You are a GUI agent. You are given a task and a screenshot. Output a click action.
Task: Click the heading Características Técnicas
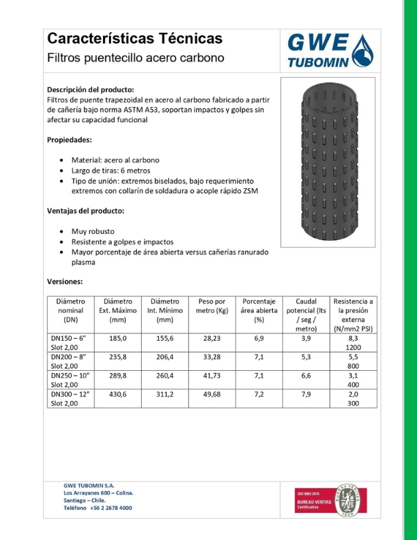click(134, 38)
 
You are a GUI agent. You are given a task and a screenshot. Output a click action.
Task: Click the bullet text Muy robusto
click(93, 231)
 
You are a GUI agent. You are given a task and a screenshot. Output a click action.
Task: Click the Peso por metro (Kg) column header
click(211, 306)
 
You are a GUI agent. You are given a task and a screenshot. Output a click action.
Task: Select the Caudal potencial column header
click(306, 314)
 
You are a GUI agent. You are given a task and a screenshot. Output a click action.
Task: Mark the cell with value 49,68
click(211, 394)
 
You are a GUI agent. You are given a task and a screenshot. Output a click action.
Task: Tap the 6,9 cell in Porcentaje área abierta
click(258, 337)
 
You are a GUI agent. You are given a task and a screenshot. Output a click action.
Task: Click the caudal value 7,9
click(306, 394)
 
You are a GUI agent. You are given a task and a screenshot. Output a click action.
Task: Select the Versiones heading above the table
click(65, 281)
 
